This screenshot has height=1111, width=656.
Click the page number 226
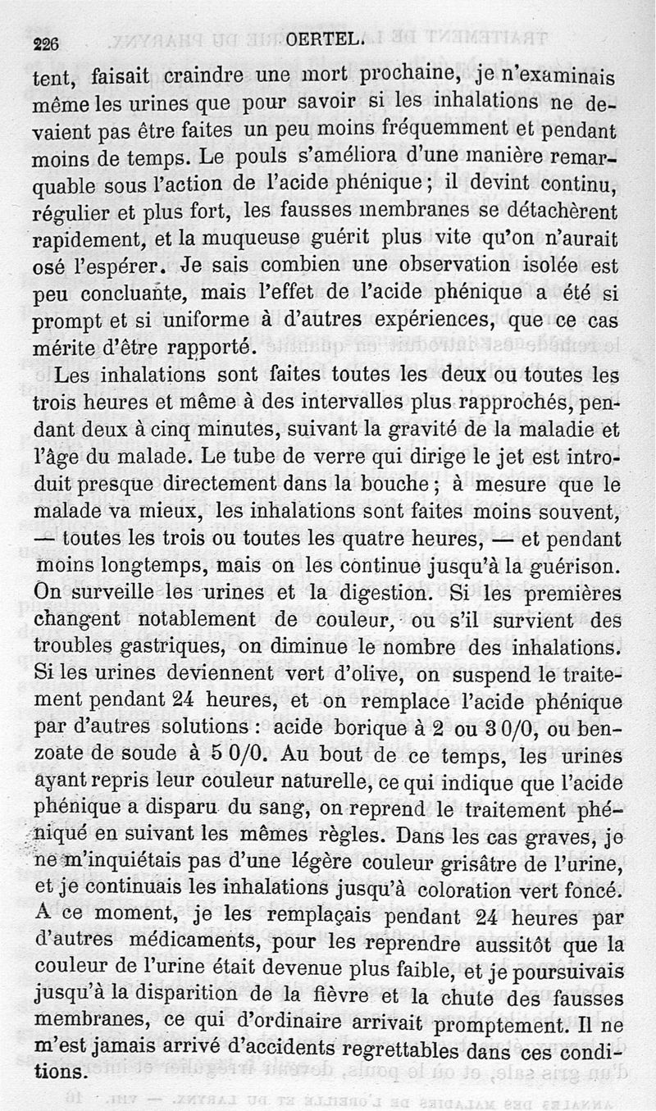click(46, 46)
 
